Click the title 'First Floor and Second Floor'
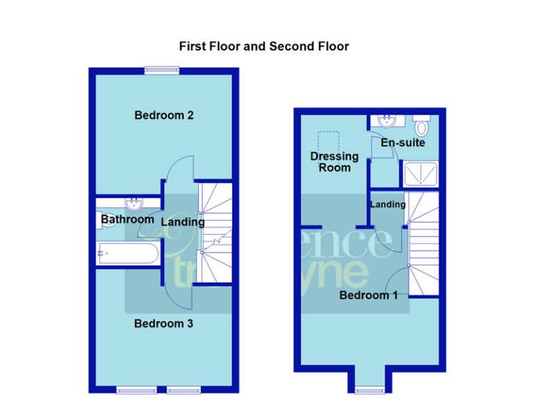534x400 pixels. pos(264,47)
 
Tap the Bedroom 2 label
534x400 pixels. pos(163,115)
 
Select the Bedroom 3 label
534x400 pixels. pos(163,324)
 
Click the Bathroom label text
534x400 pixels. pos(127,219)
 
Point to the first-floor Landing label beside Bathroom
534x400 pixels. pos(183,222)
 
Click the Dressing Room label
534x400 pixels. pos(334,161)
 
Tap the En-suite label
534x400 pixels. pos(403,142)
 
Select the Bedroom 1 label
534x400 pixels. pos(369,295)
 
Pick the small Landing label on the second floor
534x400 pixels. pos(387,205)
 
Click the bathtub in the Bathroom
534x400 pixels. pos(127,253)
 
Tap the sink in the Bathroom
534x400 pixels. pos(133,203)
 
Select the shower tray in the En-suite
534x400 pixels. pos(420,173)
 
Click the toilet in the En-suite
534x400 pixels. pos(421,127)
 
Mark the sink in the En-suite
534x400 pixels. pos(385,121)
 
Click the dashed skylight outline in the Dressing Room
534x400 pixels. pos(327,140)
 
